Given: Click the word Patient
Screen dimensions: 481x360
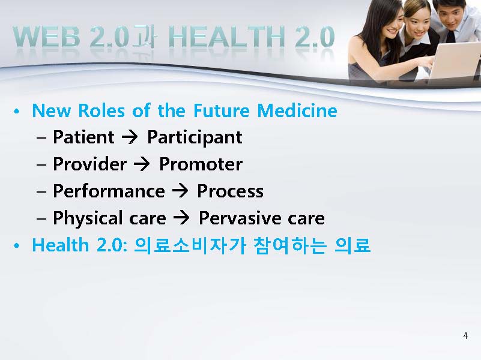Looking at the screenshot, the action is click(x=83, y=137).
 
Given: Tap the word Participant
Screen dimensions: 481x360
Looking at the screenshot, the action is click(x=195, y=137).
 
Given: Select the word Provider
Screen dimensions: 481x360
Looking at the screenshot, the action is click(x=89, y=164).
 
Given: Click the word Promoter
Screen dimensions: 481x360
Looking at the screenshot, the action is click(x=201, y=164).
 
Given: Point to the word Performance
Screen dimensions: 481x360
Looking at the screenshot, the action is click(x=109, y=191).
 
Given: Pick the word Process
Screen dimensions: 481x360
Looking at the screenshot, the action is click(x=230, y=191).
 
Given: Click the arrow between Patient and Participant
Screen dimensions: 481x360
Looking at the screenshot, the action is click(x=130, y=137).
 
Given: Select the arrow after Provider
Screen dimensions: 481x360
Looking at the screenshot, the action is click(x=142, y=164).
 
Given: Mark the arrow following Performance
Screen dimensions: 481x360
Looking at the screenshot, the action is click(x=180, y=191).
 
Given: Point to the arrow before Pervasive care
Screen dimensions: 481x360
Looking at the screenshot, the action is click(x=181, y=218).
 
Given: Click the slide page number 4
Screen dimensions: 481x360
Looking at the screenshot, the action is click(x=465, y=336).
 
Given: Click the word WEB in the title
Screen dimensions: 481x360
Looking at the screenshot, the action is click(x=47, y=37).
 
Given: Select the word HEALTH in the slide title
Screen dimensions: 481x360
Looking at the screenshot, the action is click(x=227, y=37).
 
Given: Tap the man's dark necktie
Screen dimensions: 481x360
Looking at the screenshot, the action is click(x=450, y=36).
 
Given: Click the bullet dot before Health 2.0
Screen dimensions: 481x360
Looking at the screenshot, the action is click(x=17, y=246).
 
